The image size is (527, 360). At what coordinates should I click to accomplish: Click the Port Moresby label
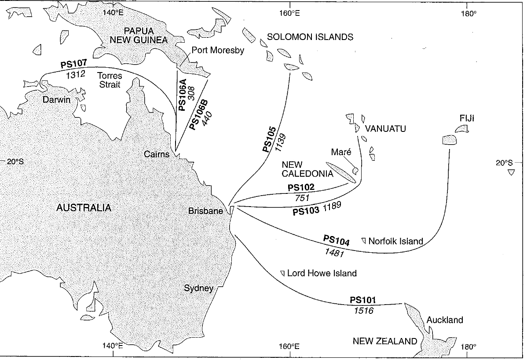click(x=218, y=51)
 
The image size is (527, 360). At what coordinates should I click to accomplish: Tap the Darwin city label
click(x=57, y=100)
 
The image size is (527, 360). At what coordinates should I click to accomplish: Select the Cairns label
click(x=157, y=154)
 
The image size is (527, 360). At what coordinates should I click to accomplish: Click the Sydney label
click(x=199, y=288)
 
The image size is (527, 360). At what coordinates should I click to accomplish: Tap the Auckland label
click(x=445, y=320)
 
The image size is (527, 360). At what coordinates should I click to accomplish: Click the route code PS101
click(x=363, y=301)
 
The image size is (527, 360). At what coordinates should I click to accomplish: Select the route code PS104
click(x=337, y=241)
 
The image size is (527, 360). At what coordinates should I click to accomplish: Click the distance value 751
click(x=304, y=197)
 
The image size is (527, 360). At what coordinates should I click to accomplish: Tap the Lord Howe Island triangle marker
click(x=282, y=273)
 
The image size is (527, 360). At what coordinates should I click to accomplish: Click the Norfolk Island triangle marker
click(x=364, y=240)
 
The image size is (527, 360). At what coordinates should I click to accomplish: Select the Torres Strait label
click(x=110, y=80)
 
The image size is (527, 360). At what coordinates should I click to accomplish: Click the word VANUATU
click(x=384, y=129)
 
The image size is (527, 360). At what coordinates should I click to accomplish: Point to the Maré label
click(x=341, y=153)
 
